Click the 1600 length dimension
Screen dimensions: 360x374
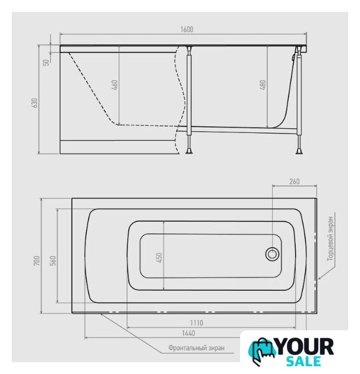coord(187,30)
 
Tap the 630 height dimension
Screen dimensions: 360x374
coord(35,103)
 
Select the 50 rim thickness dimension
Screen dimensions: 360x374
coord(46,62)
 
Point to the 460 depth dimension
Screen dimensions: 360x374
coord(115,85)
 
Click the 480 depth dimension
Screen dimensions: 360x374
coord(263,85)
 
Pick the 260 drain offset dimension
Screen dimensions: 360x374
coord(294,181)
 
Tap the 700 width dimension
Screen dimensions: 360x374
coord(37,261)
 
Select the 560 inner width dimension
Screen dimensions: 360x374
coord(53,261)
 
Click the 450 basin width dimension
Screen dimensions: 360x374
coord(159,258)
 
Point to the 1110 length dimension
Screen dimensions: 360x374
coord(197,323)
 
